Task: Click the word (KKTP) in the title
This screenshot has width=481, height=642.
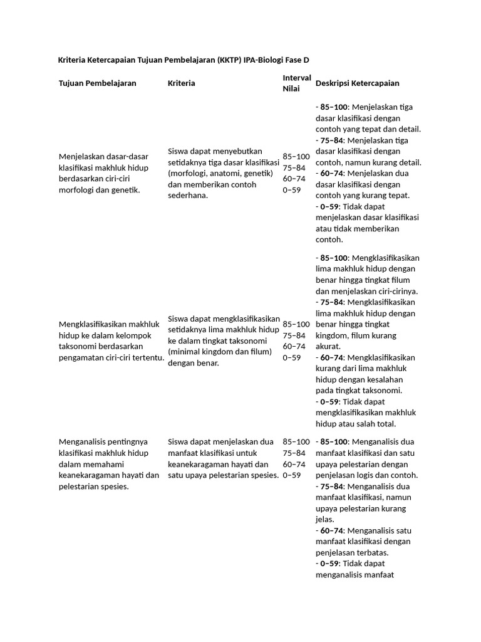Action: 231,60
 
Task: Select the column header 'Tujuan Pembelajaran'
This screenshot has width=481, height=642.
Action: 97,83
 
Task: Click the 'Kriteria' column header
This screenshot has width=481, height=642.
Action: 182,83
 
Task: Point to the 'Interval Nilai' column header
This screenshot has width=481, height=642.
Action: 297,83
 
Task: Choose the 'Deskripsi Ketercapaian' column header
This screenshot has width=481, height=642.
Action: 358,83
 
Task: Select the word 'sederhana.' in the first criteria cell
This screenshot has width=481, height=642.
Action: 188,195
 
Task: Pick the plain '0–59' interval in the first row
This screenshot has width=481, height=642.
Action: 292,190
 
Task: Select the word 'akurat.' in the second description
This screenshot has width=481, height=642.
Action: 329,346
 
